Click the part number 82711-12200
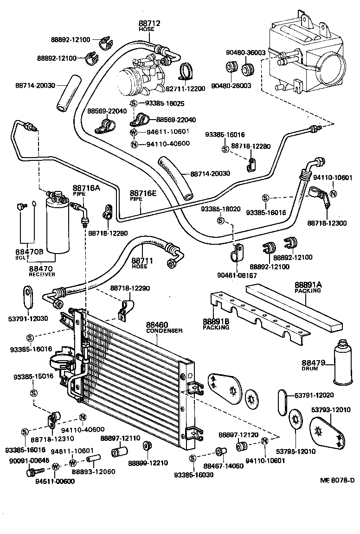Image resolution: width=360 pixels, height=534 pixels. click(x=186, y=89)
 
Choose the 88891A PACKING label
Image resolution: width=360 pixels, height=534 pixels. click(x=308, y=287)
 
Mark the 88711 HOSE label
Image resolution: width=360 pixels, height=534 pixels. click(x=139, y=263)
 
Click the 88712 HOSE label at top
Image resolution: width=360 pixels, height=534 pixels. click(x=147, y=25)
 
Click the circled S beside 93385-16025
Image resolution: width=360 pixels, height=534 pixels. click(x=134, y=103)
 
